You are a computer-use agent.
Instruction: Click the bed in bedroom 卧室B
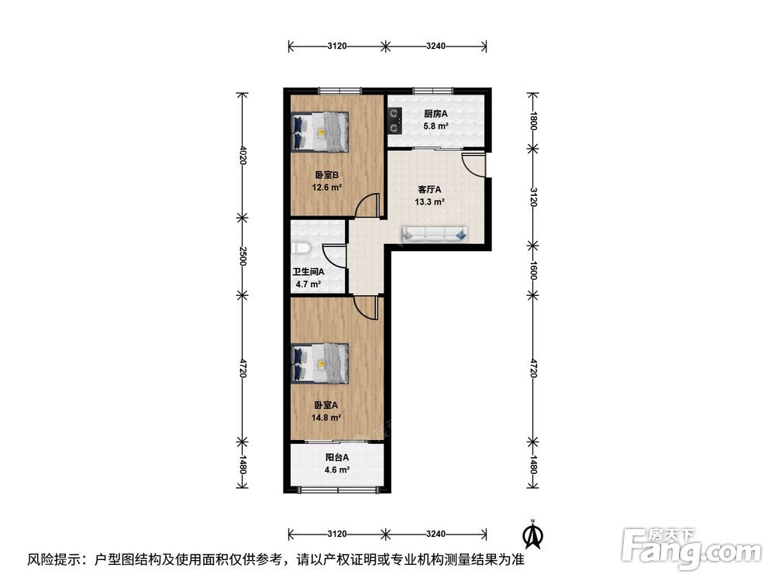[x=320, y=132]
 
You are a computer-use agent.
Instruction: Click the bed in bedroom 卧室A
[x=320, y=363]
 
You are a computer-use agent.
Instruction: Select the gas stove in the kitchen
[x=394, y=121]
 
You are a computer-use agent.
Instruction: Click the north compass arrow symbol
[x=533, y=535]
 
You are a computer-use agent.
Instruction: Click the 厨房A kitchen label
[x=436, y=114]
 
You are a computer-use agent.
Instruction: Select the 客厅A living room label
[x=429, y=189]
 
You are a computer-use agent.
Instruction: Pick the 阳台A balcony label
[x=336, y=458]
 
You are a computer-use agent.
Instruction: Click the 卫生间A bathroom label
[x=308, y=272]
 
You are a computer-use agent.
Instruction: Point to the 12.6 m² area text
[x=327, y=187]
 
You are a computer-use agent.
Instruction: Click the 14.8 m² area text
[x=326, y=418]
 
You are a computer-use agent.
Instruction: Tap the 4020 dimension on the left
[x=242, y=155]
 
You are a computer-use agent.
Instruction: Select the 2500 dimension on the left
[x=242, y=256]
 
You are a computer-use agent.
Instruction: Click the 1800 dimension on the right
[x=533, y=121]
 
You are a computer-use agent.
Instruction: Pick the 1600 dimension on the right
[x=533, y=270]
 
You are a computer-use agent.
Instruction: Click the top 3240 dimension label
[x=436, y=46]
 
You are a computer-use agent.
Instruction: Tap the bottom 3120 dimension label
[x=336, y=534]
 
